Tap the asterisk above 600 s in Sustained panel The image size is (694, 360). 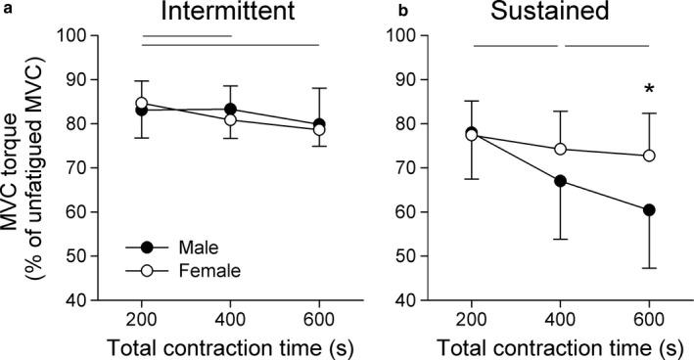(x=648, y=91)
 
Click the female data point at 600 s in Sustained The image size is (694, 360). (x=648, y=156)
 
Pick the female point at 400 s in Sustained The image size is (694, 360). (x=560, y=150)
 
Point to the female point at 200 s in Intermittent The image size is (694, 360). (x=142, y=103)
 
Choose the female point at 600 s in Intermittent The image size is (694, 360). (x=319, y=129)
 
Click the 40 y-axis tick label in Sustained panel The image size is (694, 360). (x=428, y=300)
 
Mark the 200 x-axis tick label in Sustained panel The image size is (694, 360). (x=472, y=321)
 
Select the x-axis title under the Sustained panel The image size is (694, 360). (x=560, y=346)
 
